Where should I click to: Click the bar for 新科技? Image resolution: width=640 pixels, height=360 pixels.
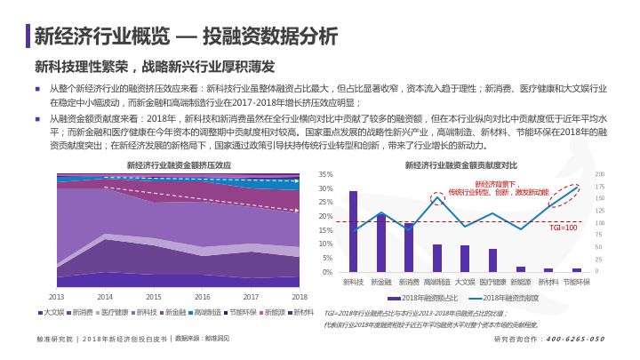pos(353,231)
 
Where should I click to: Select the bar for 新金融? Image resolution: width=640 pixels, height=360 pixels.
pos(381,243)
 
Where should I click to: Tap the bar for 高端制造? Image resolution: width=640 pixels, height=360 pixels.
pos(436,258)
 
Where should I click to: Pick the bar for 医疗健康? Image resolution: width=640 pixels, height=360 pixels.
pos(492,260)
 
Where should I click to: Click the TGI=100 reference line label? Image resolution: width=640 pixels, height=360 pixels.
pos(564,228)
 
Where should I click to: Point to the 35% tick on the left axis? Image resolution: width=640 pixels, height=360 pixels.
pos(325,174)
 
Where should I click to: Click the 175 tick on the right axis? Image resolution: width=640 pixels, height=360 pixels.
pos(599,187)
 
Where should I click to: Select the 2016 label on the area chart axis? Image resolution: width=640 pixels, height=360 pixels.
pos(203,296)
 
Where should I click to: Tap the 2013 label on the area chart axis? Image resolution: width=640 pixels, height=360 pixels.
pos(56,296)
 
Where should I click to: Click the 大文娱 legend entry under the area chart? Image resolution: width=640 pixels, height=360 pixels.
pos(52,312)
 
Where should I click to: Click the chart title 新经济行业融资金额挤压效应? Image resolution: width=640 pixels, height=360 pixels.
pos(179,164)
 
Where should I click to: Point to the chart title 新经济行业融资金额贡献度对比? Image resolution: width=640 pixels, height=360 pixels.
pos(460,164)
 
